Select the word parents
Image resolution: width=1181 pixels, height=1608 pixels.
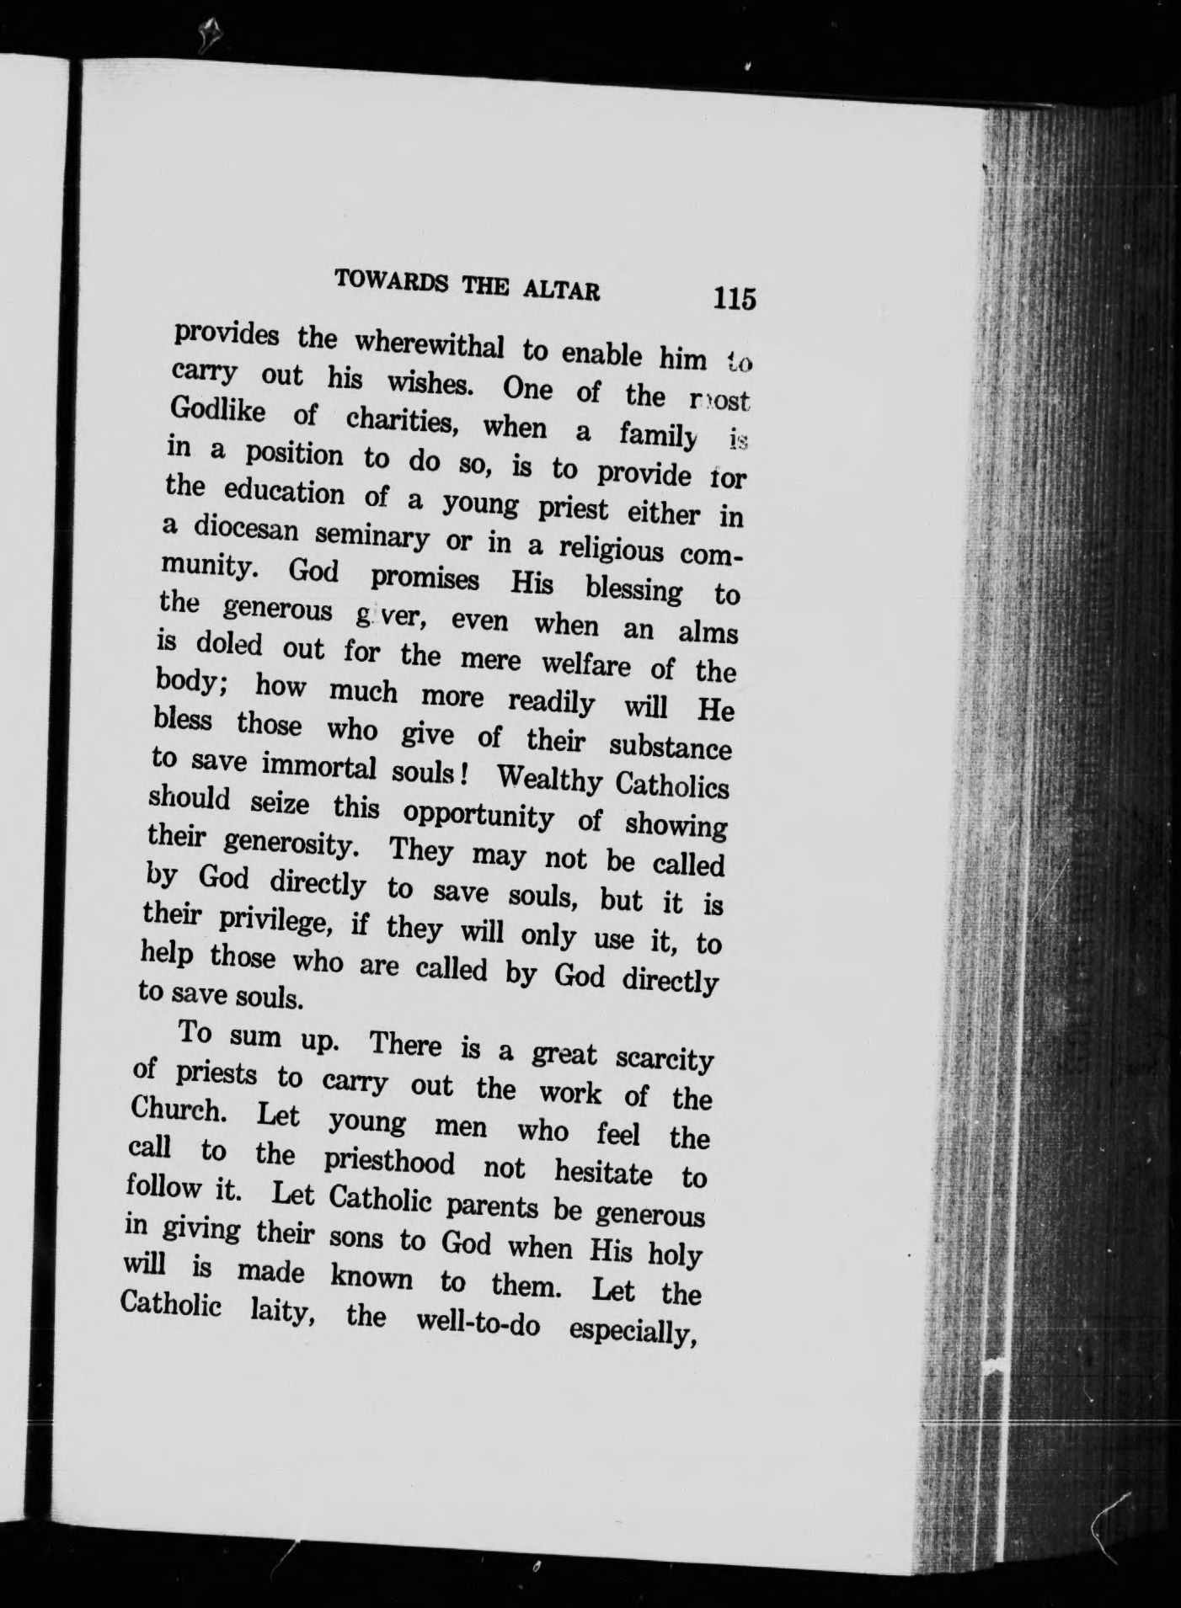tap(492, 1206)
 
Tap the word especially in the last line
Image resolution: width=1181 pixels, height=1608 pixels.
tap(630, 1331)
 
